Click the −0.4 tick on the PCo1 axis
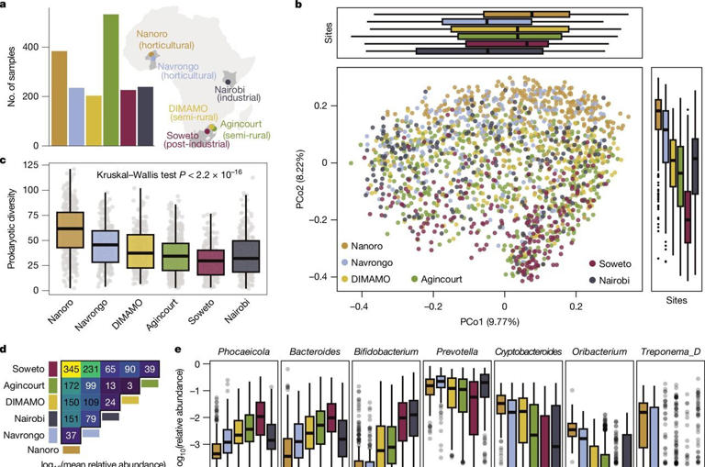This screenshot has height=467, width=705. [360, 308]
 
